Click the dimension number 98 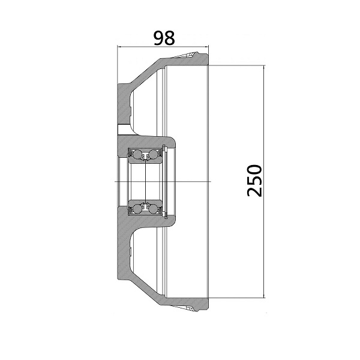164,37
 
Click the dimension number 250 255,180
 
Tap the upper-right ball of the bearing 154,155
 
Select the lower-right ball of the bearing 154,207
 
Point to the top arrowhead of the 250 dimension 264,67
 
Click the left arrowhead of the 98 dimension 121,47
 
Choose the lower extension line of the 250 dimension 237,298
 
